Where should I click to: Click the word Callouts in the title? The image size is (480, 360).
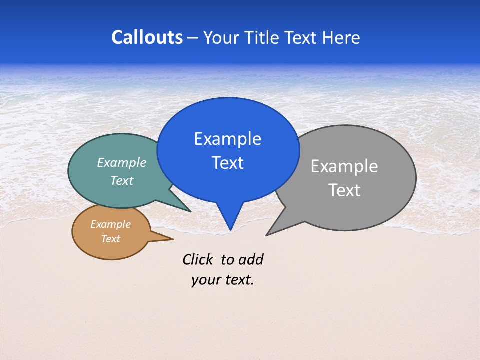[147, 37]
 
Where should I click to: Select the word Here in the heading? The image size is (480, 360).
[341, 37]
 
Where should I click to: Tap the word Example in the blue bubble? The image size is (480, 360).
[227, 139]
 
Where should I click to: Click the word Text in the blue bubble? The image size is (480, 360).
[227, 163]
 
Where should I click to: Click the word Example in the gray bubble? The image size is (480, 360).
[344, 166]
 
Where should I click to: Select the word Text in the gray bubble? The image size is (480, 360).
[344, 190]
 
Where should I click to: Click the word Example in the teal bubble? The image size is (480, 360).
[122, 162]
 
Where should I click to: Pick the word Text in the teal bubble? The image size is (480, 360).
[122, 180]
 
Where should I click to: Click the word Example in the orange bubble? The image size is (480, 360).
[110, 224]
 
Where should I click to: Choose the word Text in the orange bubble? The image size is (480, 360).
[110, 239]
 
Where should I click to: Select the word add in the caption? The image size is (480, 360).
[251, 259]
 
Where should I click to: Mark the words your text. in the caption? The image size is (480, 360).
[223, 280]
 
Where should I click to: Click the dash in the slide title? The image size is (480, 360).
[192, 38]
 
